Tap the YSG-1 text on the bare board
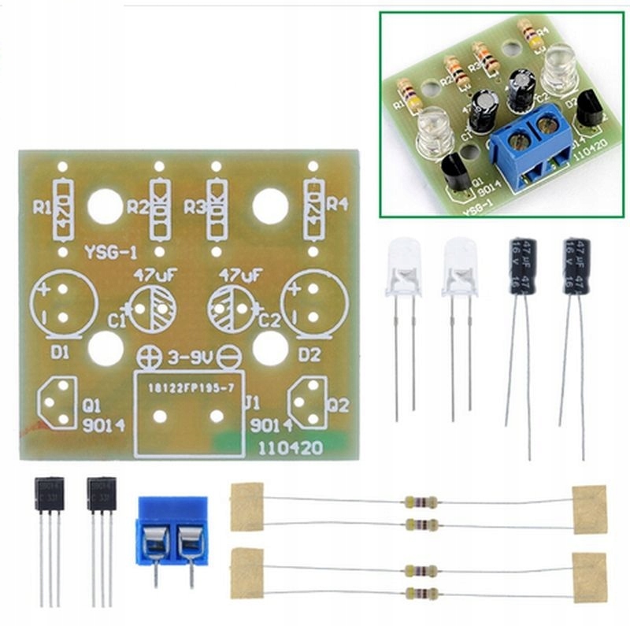[110, 252]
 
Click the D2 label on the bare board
[309, 355]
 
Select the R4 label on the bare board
[337, 205]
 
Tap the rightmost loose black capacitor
[576, 268]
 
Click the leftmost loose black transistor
[48, 495]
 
